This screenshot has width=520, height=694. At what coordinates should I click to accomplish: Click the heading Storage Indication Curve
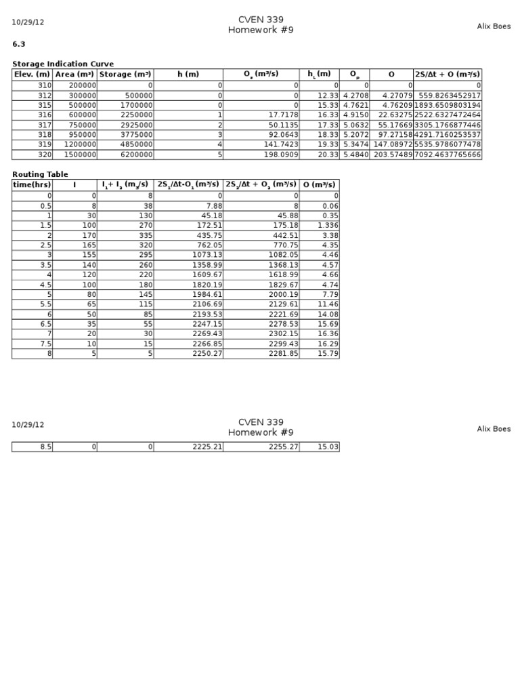pos(63,64)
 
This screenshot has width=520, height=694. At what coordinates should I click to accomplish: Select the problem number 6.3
pos(18,44)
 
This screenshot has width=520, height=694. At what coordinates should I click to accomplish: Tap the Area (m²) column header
pos(75,74)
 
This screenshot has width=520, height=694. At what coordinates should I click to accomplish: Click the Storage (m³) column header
pos(126,74)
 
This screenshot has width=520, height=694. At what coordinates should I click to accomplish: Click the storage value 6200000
pos(135,155)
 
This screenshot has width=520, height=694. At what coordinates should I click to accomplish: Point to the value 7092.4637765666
pos(448,155)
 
